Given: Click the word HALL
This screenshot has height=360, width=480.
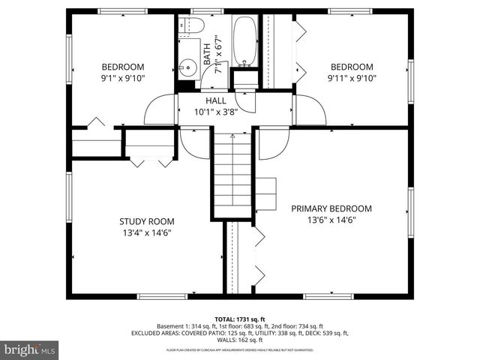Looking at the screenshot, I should tap(216, 100).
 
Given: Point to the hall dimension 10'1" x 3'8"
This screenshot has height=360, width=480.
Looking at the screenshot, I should tap(216, 112).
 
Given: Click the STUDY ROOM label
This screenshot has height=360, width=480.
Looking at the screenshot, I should tap(147, 221).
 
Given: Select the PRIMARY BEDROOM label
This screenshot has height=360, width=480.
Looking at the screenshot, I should tap(331, 208).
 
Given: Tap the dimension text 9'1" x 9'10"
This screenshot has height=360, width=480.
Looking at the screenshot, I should tap(122, 77).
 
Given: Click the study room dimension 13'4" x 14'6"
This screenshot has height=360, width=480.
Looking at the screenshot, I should tap(147, 232).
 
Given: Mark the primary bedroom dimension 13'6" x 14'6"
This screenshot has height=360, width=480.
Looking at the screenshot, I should tap(331, 220).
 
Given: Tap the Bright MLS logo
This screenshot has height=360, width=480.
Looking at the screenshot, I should tap(30, 349).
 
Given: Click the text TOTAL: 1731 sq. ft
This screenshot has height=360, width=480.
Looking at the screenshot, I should tap(240, 318).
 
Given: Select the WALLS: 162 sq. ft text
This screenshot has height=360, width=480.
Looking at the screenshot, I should tap(240, 340).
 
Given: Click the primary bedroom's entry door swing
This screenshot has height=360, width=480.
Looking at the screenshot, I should tap(272, 143).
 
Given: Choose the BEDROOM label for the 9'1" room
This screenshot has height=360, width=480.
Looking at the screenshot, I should tap(122, 66).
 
